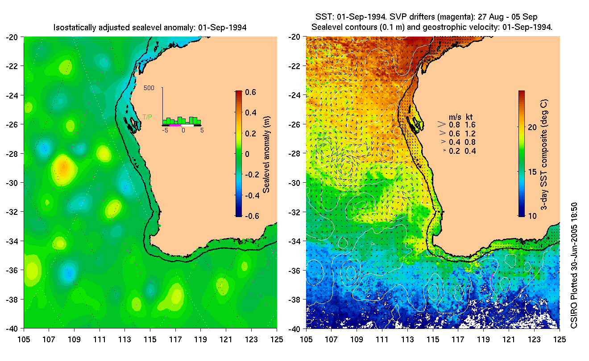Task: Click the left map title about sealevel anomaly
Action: (150, 28)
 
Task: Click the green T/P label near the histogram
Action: (147, 117)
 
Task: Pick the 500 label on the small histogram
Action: (149, 88)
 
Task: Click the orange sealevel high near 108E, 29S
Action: (63, 168)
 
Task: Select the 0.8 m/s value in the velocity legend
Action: (454, 125)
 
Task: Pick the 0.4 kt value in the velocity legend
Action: (470, 151)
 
